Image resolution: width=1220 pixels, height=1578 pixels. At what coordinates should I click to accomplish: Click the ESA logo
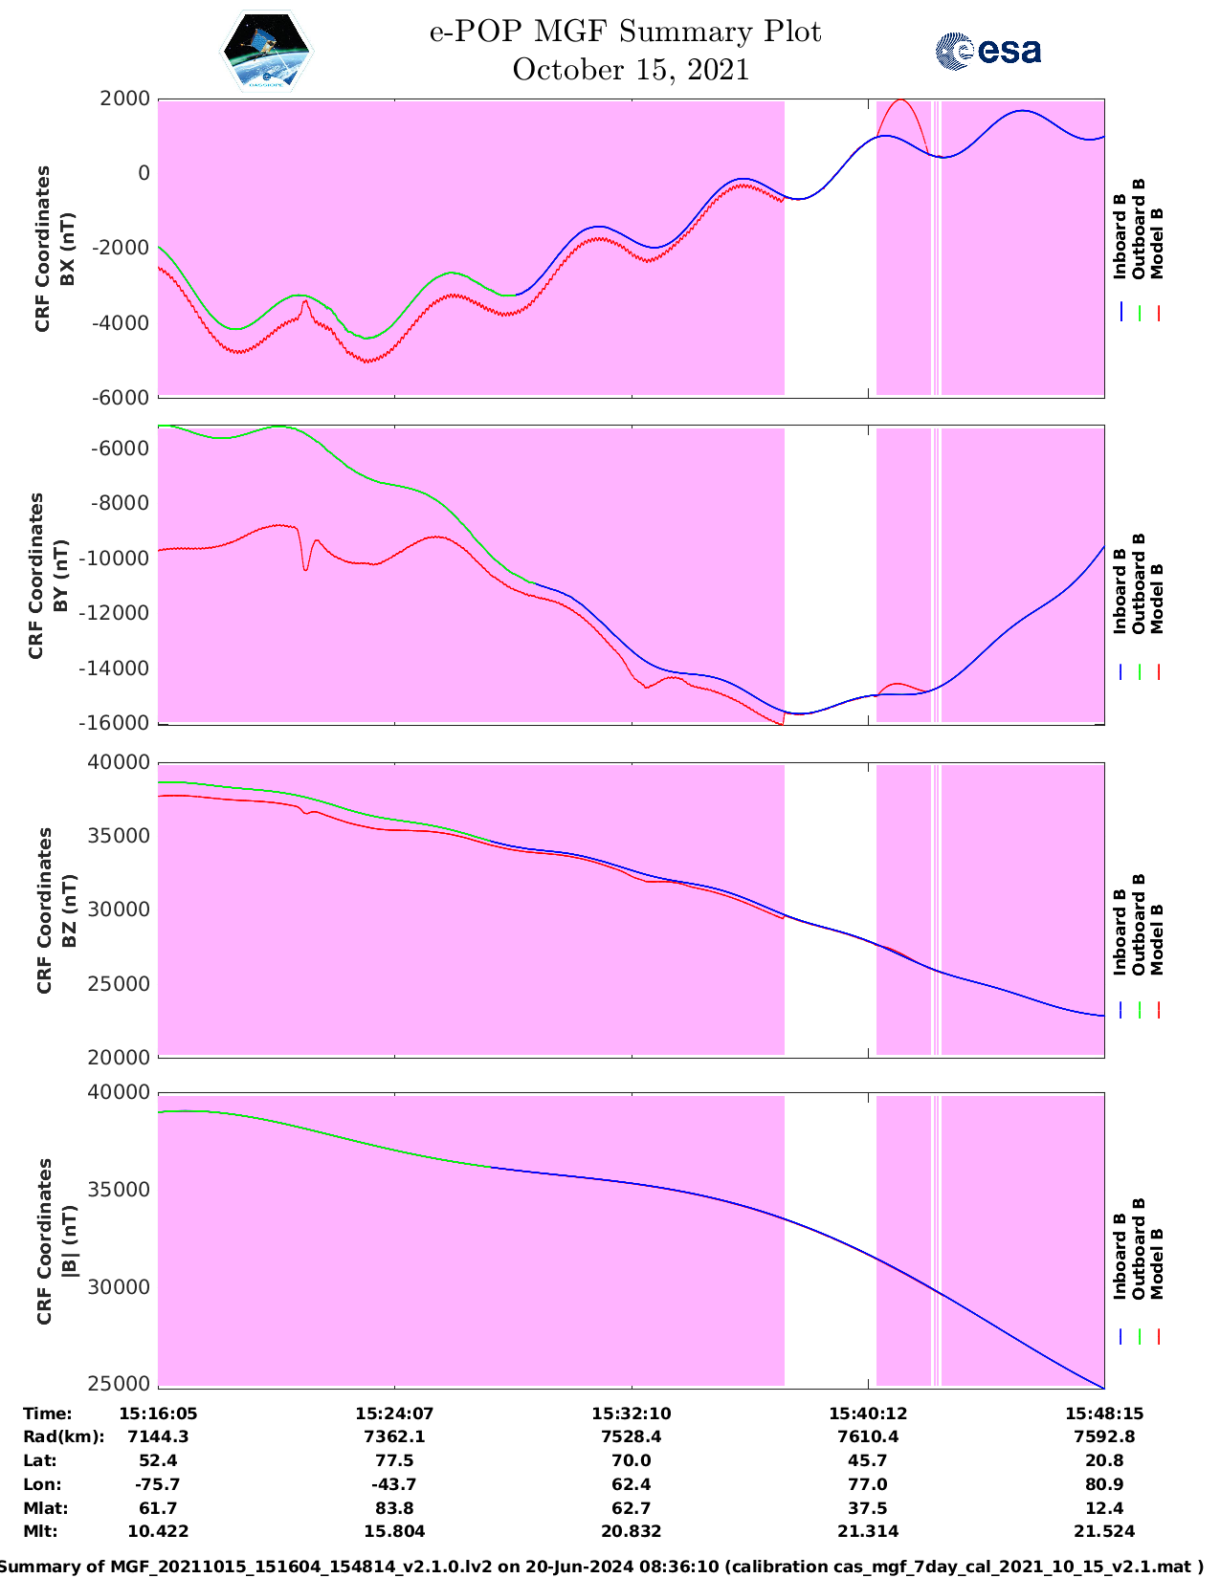click(987, 51)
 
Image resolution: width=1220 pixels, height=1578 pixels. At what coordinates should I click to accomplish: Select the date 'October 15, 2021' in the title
click(631, 70)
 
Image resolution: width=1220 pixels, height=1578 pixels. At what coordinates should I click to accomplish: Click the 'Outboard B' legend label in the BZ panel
click(1139, 924)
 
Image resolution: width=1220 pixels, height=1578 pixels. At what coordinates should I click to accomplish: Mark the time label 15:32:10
click(631, 1414)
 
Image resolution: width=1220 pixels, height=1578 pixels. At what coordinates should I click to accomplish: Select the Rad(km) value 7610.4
click(868, 1436)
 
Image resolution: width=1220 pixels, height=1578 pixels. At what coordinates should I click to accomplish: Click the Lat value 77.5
click(394, 1460)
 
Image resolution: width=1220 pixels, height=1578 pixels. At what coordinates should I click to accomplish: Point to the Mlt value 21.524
click(1104, 1531)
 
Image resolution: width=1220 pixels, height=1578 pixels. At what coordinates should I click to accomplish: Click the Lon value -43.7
click(394, 1484)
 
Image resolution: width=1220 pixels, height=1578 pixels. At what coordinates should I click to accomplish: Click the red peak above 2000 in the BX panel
click(900, 100)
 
